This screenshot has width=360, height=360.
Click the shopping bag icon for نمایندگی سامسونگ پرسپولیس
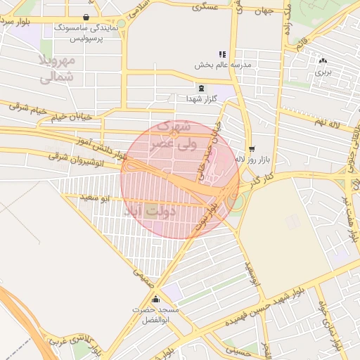click(86, 18)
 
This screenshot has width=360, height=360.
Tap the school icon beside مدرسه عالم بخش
click(222, 54)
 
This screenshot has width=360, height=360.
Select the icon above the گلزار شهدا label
click(202, 88)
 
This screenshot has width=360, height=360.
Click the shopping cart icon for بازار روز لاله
click(252, 149)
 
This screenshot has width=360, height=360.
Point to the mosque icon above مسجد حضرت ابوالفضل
click(155, 299)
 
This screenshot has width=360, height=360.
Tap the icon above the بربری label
click(323, 61)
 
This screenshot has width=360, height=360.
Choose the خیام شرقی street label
click(27, 108)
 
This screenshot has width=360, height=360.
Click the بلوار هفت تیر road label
click(349, 219)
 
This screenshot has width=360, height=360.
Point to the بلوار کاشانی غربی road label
click(73, 345)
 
